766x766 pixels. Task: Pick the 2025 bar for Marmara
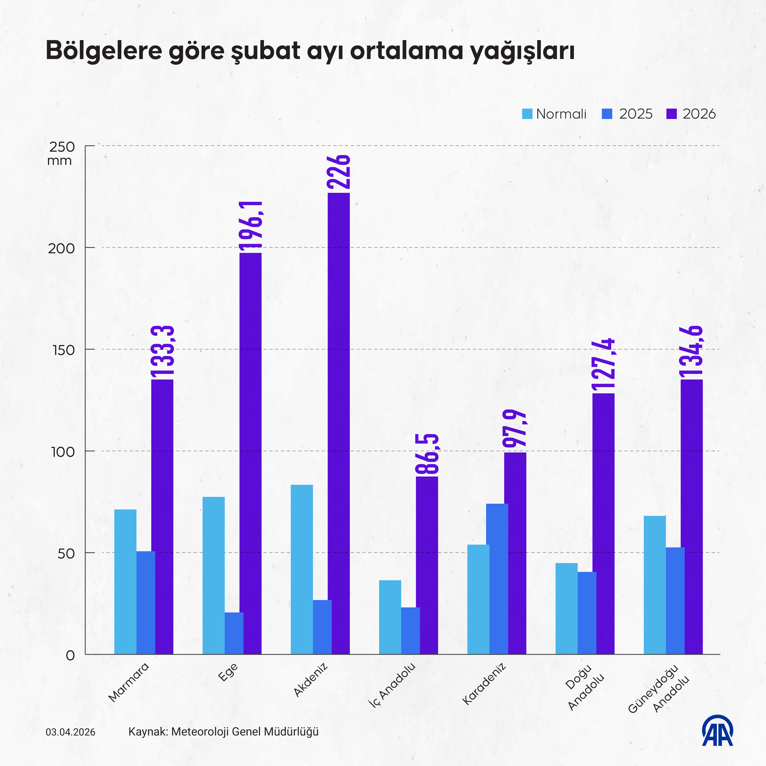(x=146, y=603)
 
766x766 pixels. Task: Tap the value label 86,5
(x=427, y=454)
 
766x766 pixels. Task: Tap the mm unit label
(x=60, y=161)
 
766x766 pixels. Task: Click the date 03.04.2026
(x=71, y=732)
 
